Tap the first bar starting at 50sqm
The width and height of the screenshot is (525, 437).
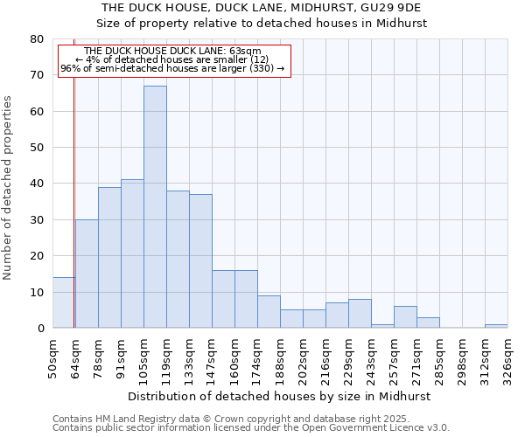pos(63,302)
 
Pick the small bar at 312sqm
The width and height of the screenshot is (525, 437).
pos(496,326)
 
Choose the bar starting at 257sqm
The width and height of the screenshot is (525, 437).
pos(405,317)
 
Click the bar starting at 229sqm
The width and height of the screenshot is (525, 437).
pos(360,314)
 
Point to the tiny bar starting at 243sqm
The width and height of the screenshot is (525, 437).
pos(382,326)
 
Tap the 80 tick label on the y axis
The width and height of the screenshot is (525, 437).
pos(36,39)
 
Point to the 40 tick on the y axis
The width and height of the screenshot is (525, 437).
pos(36,184)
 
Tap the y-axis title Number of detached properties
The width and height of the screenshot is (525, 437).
pos(8,188)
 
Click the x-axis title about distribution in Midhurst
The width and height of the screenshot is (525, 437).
pos(279,396)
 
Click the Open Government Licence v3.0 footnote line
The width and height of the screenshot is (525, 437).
pos(251,428)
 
